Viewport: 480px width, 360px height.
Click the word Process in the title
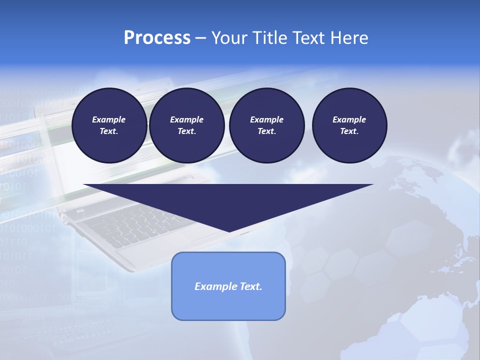157,38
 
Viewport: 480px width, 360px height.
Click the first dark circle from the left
109,125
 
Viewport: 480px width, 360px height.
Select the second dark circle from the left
186,125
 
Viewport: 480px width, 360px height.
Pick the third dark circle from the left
266,125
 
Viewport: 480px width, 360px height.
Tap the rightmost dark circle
349,125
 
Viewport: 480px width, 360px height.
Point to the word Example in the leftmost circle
109,119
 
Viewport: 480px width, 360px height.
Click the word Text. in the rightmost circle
349,131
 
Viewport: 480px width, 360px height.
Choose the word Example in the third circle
266,119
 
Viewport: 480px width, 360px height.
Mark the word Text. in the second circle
186,131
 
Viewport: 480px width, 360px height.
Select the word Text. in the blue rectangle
250,286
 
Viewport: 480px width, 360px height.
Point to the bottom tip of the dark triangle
229,230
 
